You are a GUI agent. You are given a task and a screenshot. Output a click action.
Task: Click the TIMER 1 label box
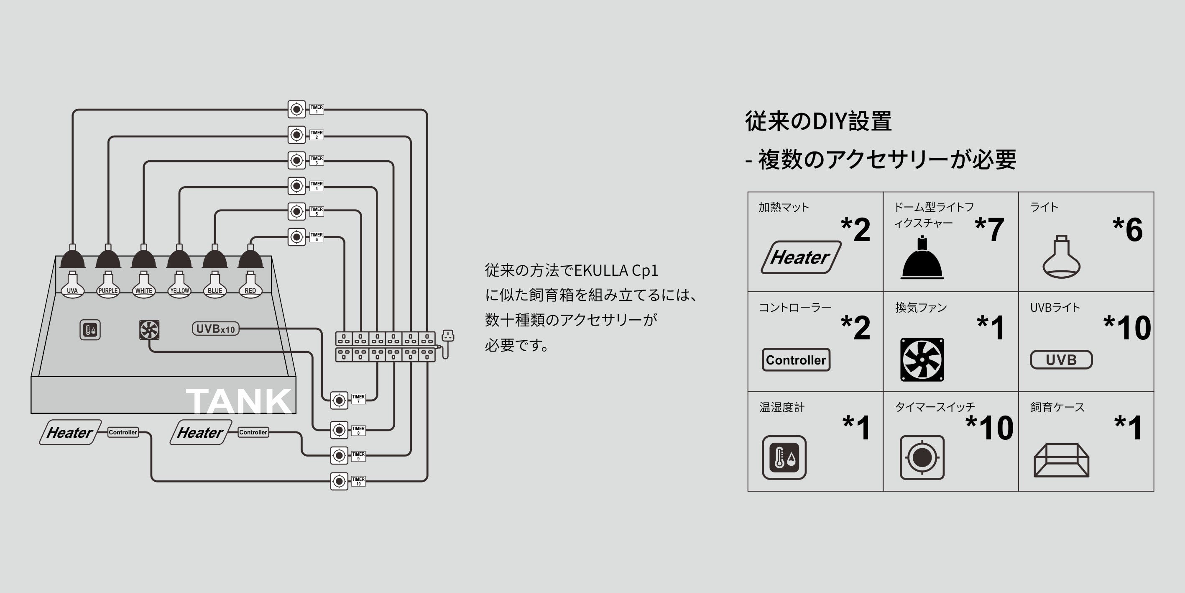317,109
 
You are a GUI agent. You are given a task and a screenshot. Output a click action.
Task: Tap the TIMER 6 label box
317,236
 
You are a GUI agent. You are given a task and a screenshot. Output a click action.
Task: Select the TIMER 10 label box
358,481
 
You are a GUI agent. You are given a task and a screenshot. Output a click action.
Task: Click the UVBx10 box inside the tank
215,329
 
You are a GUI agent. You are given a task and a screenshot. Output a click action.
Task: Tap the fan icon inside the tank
149,330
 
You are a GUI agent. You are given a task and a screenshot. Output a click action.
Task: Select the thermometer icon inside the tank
90,330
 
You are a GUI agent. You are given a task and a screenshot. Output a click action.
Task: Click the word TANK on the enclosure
238,401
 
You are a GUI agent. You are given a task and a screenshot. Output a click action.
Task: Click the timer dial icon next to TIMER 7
339,400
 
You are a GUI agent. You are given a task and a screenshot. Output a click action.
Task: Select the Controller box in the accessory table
796,359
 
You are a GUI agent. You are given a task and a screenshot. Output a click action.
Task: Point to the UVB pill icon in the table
1061,359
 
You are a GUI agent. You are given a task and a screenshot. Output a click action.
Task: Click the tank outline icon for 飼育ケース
1061,460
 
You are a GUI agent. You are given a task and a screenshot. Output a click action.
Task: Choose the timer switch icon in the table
922,457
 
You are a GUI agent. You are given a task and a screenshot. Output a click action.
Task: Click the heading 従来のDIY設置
818,121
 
